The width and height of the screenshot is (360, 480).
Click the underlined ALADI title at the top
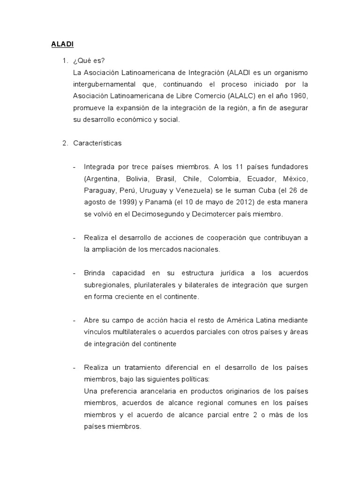(62, 45)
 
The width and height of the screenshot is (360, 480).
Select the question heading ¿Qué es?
(87, 61)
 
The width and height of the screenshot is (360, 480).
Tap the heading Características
(97, 143)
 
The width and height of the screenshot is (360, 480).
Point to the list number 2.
(65, 143)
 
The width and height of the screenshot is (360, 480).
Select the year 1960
(298, 97)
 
